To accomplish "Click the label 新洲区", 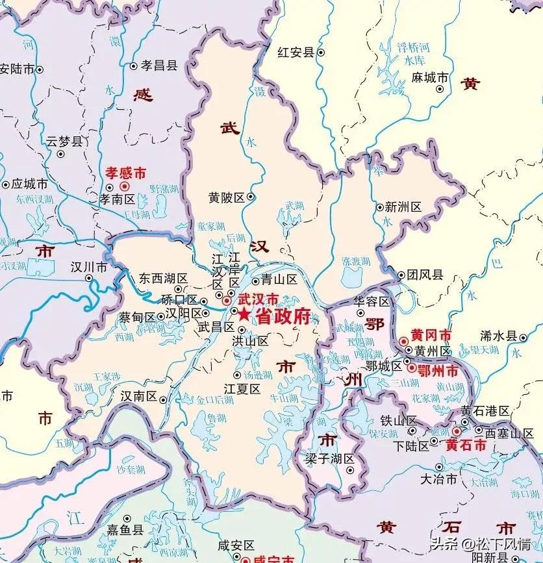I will [403, 207].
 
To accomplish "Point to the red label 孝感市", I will [125, 173].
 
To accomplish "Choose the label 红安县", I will [296, 52].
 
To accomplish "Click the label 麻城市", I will [430, 77].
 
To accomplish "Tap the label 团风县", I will [425, 275].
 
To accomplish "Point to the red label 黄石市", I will [466, 445].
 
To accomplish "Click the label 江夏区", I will [242, 388].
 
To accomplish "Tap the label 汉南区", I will [138, 395].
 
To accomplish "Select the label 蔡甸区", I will [137, 318].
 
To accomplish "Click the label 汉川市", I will [89, 267].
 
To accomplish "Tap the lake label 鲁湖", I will [216, 419].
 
